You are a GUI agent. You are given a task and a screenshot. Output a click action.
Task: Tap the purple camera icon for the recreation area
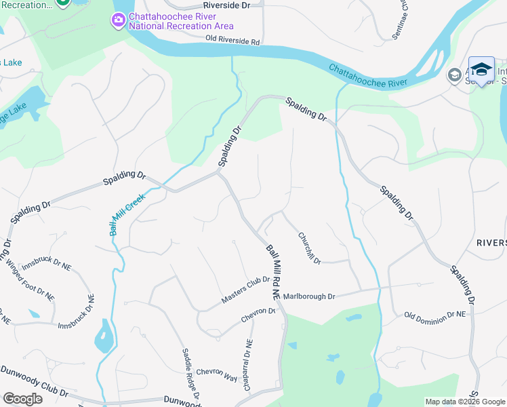pos(119,20)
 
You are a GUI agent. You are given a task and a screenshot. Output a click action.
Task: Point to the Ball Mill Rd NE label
pos(272,272)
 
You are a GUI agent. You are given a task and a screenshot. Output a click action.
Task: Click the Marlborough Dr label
pos(309,296)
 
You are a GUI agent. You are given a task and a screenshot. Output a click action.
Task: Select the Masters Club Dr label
pos(245,290)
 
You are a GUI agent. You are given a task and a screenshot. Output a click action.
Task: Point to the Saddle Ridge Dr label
pos(190,374)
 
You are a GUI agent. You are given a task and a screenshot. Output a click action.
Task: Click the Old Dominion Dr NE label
pos(434,315)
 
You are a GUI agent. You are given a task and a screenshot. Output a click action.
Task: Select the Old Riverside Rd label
pos(233,42)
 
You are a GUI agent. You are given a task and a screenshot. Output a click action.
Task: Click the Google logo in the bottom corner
pos(22,399)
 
